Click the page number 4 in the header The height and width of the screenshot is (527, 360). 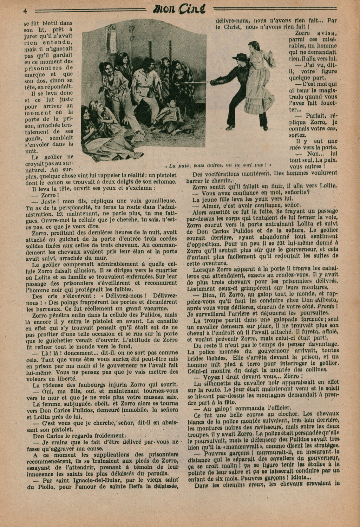[x=25, y=10]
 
